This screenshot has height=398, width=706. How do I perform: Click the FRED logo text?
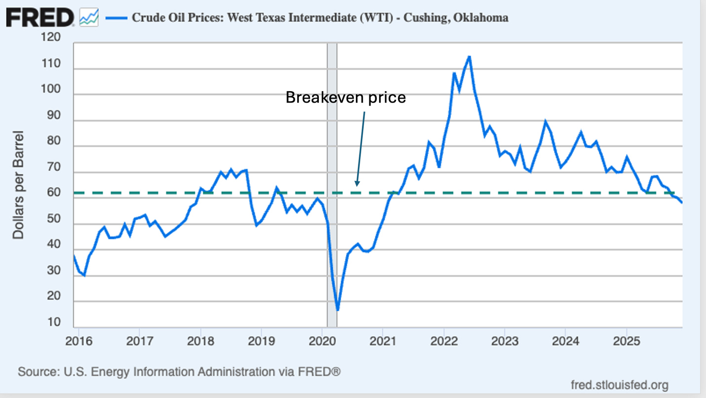pos(39,18)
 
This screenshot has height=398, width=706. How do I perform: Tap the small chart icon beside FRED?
pos(89,18)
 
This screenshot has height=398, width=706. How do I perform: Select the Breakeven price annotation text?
pos(346,98)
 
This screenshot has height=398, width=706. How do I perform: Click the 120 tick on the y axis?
pos(51,38)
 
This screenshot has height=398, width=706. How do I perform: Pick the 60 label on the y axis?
pos(54,193)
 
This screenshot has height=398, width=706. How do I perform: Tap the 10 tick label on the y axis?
pos(54,323)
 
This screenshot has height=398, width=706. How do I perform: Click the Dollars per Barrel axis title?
pos(18,184)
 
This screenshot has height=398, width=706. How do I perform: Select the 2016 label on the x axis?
pos(79,341)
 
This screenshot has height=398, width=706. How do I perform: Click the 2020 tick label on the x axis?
pos(322,341)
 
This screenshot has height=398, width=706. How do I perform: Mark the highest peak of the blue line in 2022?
pos(469,57)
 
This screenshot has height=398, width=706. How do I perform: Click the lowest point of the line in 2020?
pos(338,310)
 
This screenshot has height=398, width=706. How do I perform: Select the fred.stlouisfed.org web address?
pos(619,385)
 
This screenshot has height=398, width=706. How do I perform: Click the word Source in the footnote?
pos(36,371)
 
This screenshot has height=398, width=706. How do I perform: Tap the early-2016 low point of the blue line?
pos(84,275)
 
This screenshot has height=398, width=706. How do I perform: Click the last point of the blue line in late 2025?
pos(682,202)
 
